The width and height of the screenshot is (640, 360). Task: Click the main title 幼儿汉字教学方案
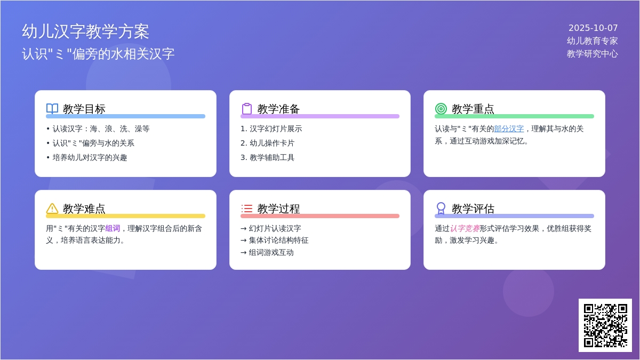(85, 31)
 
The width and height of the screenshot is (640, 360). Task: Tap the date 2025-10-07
(593, 28)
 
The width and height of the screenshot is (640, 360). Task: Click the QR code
(605, 325)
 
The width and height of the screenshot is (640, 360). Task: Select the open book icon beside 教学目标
(52, 109)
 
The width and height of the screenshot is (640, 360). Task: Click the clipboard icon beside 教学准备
(247, 109)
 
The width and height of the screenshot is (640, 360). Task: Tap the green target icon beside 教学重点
(441, 109)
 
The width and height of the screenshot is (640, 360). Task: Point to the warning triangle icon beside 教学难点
(52, 209)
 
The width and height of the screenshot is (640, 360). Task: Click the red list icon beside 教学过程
(247, 209)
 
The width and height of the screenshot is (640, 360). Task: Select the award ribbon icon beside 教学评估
(441, 209)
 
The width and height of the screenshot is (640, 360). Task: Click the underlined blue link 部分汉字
(509, 129)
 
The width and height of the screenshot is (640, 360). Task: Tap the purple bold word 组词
(113, 228)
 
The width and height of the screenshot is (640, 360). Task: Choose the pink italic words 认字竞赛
(465, 228)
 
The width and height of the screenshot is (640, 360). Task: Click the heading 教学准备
(278, 109)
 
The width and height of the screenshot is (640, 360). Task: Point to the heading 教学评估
(473, 209)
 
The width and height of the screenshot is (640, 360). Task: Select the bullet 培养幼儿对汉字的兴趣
(90, 157)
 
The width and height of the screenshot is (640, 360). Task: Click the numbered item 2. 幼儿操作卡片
(267, 143)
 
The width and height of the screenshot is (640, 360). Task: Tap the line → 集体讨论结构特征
(274, 240)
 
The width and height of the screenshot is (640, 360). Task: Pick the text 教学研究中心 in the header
(592, 54)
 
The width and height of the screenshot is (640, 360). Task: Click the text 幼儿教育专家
(592, 41)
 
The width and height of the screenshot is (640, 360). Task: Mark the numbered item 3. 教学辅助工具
(267, 157)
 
